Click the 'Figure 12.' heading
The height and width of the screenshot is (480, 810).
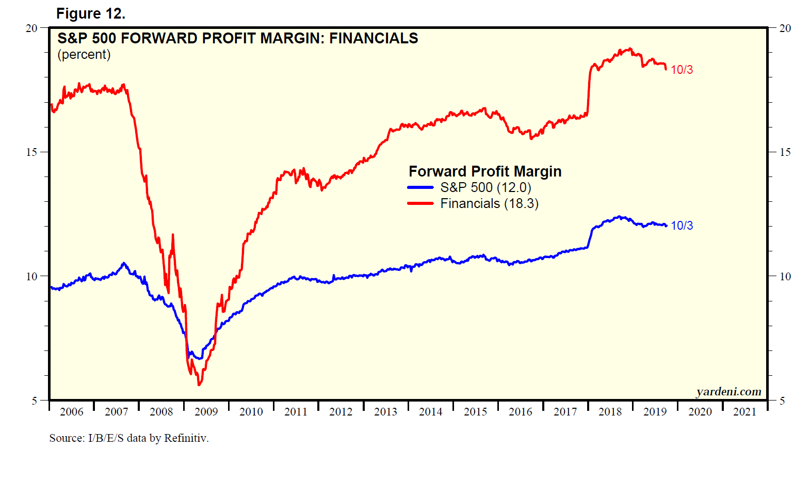tap(91, 14)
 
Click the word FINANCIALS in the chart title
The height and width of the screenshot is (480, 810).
tap(374, 38)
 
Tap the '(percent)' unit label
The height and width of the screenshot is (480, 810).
tap(84, 55)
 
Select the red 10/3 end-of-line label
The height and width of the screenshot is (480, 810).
tap(682, 70)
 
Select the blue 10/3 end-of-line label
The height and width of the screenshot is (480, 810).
tap(682, 226)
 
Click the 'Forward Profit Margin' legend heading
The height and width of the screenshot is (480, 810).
tap(485, 171)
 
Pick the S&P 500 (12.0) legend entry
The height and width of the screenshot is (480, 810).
tap(485, 187)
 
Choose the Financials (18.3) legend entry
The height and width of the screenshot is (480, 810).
tap(489, 204)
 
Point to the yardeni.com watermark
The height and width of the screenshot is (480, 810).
tap(728, 392)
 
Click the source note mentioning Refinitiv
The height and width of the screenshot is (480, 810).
tap(129, 438)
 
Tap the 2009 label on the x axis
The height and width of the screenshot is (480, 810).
tap(206, 412)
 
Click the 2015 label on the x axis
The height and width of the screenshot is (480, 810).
tap(475, 412)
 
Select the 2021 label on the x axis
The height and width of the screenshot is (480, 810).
tap(744, 412)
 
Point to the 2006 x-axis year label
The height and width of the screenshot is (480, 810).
tap(71, 412)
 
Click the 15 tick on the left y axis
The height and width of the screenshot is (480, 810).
tap(31, 152)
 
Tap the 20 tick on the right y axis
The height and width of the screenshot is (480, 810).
tap(785, 28)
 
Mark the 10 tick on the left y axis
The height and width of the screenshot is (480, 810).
tap(31, 277)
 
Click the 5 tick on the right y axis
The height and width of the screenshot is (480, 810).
tap(782, 401)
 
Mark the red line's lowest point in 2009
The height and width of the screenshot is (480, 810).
tap(199, 385)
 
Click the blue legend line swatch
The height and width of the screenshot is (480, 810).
tap(420, 187)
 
